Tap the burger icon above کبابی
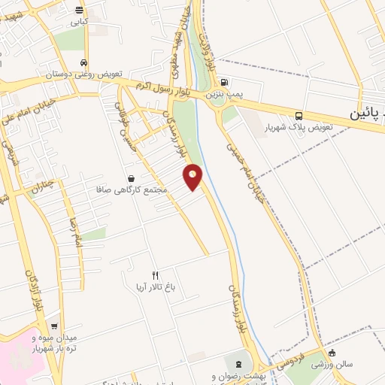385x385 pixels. [x=79, y=10]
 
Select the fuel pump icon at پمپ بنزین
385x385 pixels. [x=226, y=84]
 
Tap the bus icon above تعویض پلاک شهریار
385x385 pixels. [x=299, y=116]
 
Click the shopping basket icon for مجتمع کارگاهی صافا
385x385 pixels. [x=132, y=179]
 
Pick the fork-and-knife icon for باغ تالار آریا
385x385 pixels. [x=156, y=275]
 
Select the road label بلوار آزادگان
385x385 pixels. [x=31, y=293]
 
